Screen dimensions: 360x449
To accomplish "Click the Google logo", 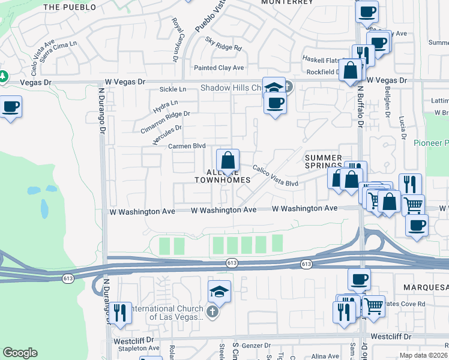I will click(20, 353).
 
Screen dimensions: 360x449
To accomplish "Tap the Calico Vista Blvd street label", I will click(275, 176).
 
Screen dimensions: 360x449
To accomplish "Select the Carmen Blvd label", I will click(187, 146).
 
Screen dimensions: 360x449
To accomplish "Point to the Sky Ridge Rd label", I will click(223, 44).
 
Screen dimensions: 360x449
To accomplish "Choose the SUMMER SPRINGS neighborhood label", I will click(323, 161).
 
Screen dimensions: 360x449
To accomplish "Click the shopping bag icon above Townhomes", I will click(228, 161).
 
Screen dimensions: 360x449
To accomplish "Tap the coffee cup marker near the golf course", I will click(11, 107).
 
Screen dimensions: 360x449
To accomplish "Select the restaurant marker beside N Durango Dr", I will click(121, 313).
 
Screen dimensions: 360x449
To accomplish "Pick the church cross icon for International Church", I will click(212, 311).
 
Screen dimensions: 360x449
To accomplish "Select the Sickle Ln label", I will click(173, 89).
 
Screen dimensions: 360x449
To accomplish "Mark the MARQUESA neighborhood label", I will click(423, 287).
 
